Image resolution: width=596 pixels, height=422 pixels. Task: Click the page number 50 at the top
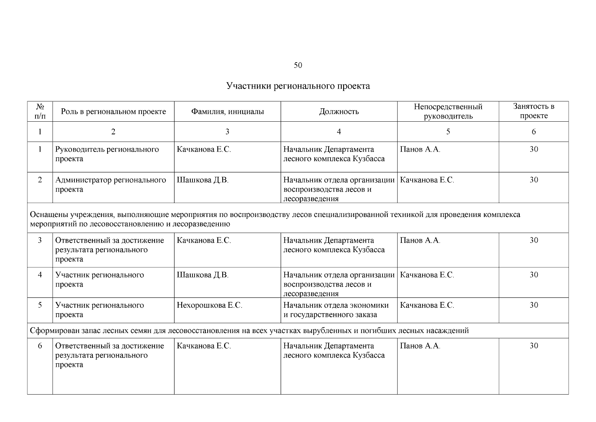click(x=297, y=65)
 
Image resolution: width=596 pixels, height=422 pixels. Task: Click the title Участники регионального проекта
click(x=298, y=86)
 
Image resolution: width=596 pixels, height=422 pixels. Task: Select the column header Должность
click(x=339, y=112)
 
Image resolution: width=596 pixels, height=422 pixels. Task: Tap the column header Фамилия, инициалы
click(x=227, y=112)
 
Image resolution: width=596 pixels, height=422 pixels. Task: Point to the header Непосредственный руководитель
click(x=448, y=111)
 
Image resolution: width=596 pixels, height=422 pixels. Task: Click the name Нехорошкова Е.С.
click(x=209, y=305)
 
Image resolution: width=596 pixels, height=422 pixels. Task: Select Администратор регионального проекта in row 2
click(x=110, y=185)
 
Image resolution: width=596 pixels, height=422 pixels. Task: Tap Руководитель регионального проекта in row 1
click(x=107, y=154)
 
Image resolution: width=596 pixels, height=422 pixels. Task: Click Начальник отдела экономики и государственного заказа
click(x=336, y=310)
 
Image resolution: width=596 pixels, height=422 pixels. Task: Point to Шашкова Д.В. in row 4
click(x=203, y=275)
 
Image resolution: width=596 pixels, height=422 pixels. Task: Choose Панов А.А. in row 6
click(x=420, y=346)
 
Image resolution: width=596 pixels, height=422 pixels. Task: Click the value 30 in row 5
click(x=533, y=305)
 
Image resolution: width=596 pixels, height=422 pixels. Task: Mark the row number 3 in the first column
click(x=40, y=241)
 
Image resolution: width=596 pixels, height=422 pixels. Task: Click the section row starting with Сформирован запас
click(x=249, y=331)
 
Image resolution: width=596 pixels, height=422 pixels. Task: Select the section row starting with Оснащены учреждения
click(x=275, y=219)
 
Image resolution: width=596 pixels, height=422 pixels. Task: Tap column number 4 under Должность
click(x=339, y=132)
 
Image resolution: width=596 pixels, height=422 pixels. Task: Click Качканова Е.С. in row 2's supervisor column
click(x=427, y=180)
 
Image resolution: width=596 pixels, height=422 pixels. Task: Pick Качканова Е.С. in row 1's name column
click(x=204, y=149)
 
